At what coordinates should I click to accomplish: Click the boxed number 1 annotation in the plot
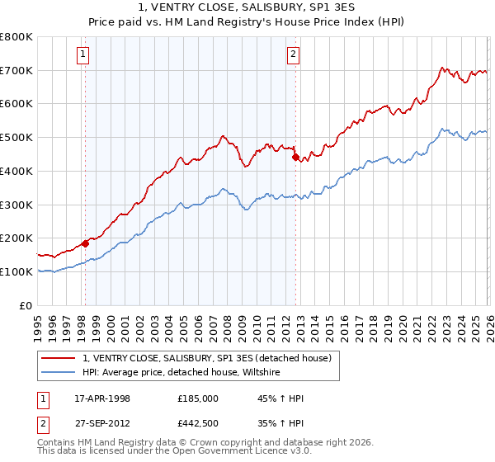84,55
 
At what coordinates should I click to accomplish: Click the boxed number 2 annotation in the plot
293,55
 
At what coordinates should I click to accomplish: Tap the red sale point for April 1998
85,243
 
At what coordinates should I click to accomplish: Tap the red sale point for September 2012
295,157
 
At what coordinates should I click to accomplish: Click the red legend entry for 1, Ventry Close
206,358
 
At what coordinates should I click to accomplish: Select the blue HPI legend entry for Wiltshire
181,373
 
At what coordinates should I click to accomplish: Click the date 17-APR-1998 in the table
102,398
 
